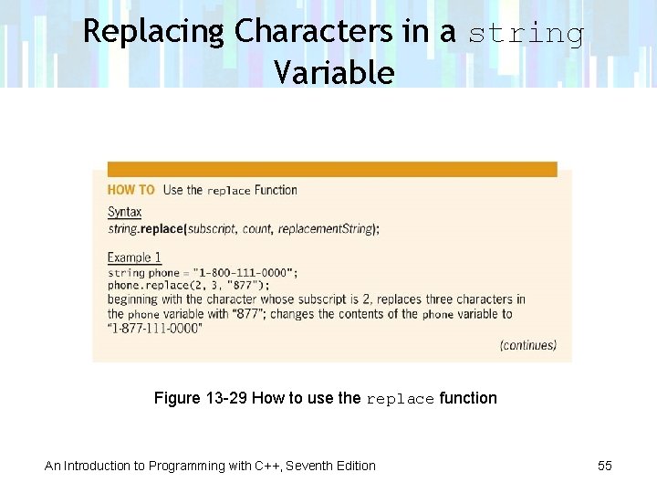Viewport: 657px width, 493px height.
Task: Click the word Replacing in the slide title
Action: pyautogui.click(x=153, y=32)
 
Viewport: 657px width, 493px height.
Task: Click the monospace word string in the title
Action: pyautogui.click(x=527, y=34)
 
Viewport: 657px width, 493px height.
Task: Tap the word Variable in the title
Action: pyautogui.click(x=333, y=72)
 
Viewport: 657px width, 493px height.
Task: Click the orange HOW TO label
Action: pyautogui.click(x=131, y=190)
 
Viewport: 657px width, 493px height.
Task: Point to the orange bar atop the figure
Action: pyautogui.click(x=332, y=169)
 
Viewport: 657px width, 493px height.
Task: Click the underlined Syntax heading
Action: pyautogui.click(x=125, y=212)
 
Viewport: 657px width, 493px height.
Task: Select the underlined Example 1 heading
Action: pyautogui.click(x=134, y=257)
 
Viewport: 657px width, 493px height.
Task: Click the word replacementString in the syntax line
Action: pyautogui.click(x=327, y=229)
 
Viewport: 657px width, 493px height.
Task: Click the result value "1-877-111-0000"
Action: pyautogui.click(x=155, y=329)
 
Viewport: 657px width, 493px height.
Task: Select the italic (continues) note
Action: pyautogui.click(x=527, y=345)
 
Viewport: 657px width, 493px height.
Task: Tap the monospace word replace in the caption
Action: pyautogui.click(x=400, y=399)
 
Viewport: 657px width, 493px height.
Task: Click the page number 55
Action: pyautogui.click(x=604, y=466)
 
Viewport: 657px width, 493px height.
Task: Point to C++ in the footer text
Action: pyautogui.click(x=266, y=466)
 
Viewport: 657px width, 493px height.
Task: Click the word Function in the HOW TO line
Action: pyautogui.click(x=276, y=190)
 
